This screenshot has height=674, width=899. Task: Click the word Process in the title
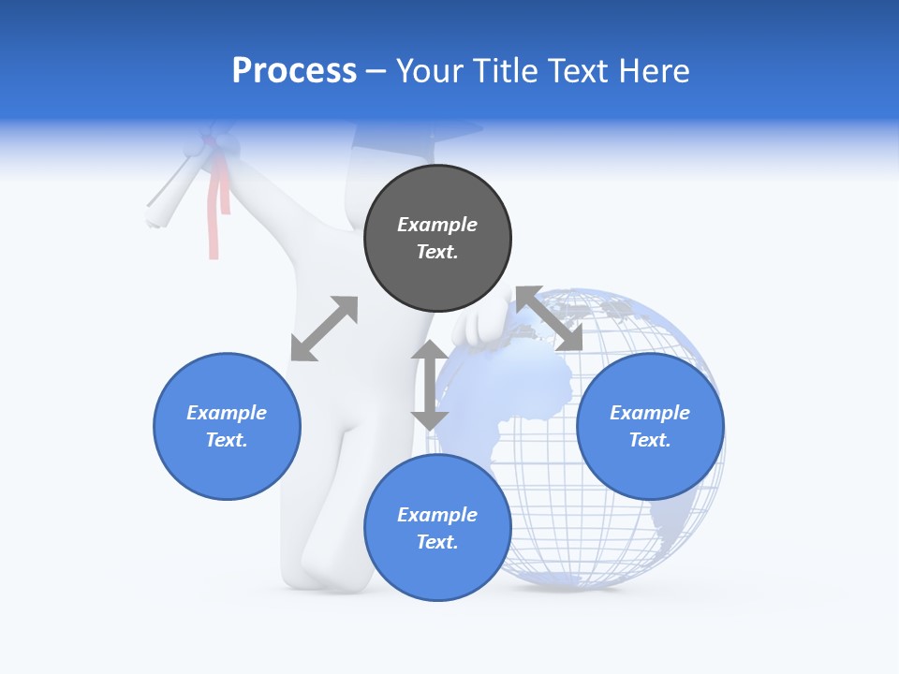[x=294, y=71]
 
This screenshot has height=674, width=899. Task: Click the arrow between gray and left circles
[x=324, y=329]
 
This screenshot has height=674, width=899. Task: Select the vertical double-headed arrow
[x=430, y=385]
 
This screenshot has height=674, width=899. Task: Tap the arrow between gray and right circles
[x=549, y=318]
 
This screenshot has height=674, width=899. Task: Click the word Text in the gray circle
[x=436, y=252]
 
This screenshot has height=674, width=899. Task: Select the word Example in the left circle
[x=227, y=413]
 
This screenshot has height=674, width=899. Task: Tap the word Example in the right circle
[x=650, y=413]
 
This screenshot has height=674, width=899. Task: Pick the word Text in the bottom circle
[x=436, y=542]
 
